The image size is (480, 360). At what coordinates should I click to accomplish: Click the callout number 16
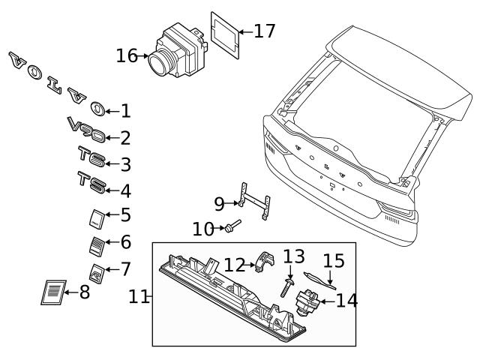click(127, 55)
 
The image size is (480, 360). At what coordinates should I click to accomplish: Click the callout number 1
click(124, 111)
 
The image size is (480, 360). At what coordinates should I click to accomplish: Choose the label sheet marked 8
click(52, 292)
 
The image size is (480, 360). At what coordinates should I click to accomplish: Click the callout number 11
click(138, 297)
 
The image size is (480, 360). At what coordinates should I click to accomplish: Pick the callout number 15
click(334, 262)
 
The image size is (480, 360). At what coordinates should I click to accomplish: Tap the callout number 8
click(84, 292)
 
